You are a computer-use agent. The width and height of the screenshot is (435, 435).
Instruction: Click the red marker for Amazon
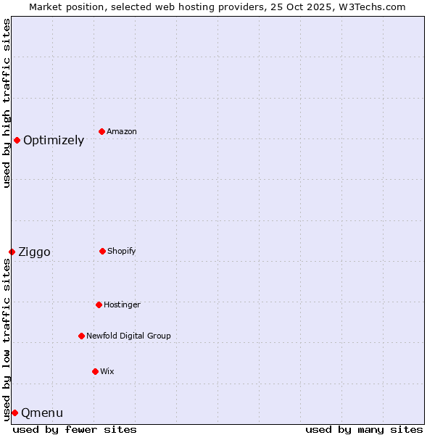point(101,131)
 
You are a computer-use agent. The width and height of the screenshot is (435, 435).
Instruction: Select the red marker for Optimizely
point(17,140)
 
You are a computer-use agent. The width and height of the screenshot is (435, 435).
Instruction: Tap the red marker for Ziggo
point(12,252)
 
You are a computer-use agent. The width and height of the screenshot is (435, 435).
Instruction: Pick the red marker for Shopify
point(102,251)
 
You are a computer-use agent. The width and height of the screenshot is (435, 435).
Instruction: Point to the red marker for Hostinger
point(99,304)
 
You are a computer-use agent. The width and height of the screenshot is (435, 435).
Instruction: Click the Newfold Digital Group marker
point(81,336)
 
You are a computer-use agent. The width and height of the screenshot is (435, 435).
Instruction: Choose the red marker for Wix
point(95,371)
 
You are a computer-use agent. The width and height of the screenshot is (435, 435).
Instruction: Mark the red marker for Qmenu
point(14,413)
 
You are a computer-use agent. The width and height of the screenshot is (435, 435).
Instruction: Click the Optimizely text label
point(54,141)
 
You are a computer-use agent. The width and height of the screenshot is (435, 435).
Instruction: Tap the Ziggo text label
point(34,252)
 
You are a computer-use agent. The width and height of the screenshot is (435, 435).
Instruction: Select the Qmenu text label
point(42,413)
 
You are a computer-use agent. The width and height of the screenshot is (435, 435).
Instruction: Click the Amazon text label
point(122,132)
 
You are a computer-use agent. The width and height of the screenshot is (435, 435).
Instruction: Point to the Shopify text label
point(122,252)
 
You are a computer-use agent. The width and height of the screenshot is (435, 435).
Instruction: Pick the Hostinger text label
point(122,305)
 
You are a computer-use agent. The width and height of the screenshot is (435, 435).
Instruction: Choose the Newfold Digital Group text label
point(128,336)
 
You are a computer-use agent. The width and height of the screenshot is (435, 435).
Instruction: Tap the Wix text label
point(107,372)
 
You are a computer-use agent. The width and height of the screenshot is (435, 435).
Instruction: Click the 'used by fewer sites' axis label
point(75,429)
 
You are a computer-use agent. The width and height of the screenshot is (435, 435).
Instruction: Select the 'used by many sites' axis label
point(364,429)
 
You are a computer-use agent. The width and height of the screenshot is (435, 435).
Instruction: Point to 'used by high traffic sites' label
point(7,103)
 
